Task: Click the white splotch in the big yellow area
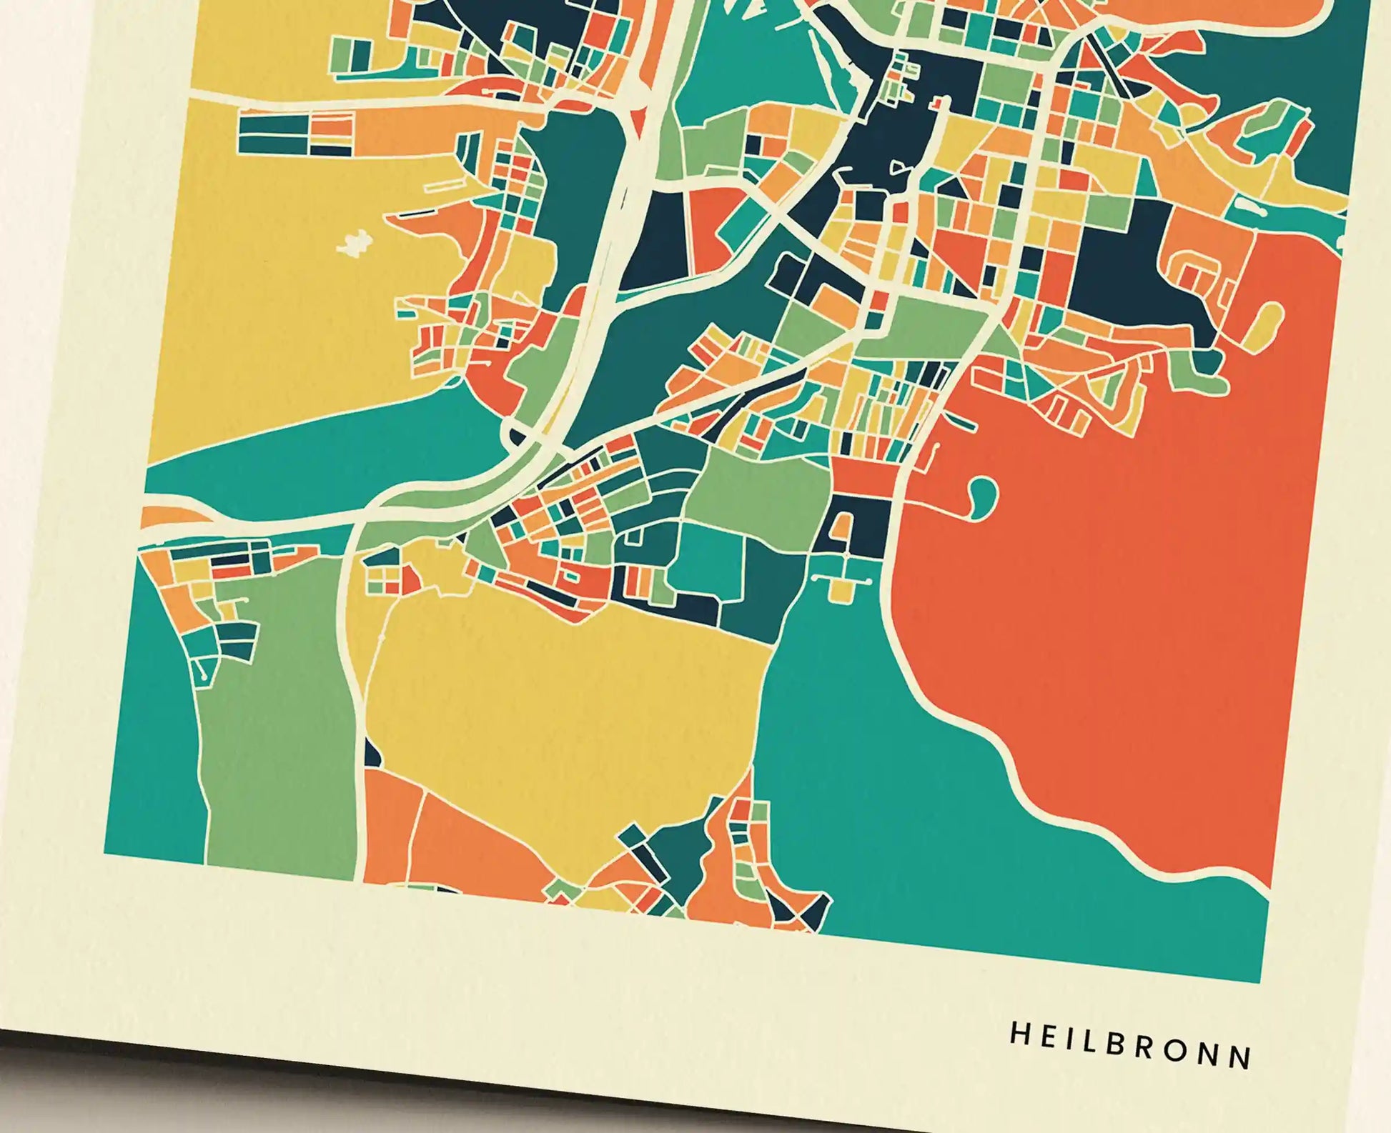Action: (x=354, y=244)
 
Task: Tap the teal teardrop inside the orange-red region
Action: (x=984, y=493)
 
